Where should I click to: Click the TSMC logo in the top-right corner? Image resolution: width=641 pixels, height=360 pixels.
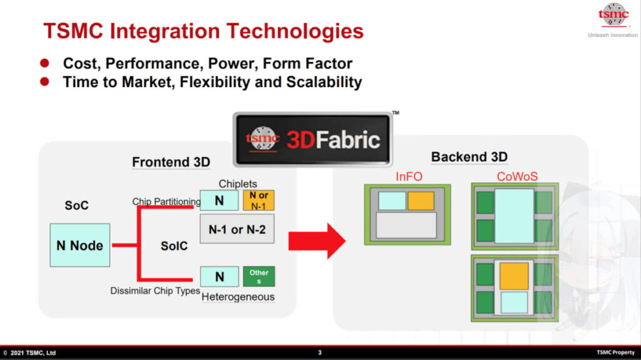[613, 15]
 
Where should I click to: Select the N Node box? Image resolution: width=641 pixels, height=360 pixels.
[79, 245]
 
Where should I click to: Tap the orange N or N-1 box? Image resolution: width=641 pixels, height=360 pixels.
[259, 200]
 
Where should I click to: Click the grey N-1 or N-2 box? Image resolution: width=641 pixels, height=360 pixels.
[237, 229]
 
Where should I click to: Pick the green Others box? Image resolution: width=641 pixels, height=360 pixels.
[259, 276]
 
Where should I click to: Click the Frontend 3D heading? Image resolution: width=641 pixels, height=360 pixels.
[171, 162]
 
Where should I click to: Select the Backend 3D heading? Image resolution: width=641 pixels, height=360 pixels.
[469, 157]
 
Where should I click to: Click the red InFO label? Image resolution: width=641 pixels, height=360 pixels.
[409, 177]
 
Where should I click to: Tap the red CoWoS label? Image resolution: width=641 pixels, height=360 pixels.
[517, 177]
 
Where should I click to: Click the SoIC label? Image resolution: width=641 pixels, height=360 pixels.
[174, 246]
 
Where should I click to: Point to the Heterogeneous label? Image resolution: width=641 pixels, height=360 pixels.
[238, 297]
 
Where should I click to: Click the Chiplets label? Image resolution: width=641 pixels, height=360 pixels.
[238, 184]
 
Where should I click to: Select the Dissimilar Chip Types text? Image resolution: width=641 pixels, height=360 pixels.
[155, 291]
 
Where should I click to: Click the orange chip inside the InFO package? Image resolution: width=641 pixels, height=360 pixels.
[421, 201]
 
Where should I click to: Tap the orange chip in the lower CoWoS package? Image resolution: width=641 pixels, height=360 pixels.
[514, 275]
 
